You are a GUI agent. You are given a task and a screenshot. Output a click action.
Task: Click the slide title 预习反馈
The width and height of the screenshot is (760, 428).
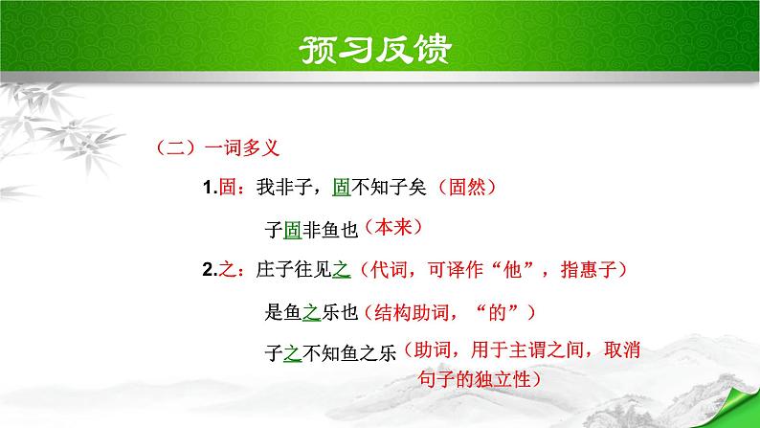click(380, 48)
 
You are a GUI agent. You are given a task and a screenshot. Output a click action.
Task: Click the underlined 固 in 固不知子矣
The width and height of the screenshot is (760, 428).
click(340, 189)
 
